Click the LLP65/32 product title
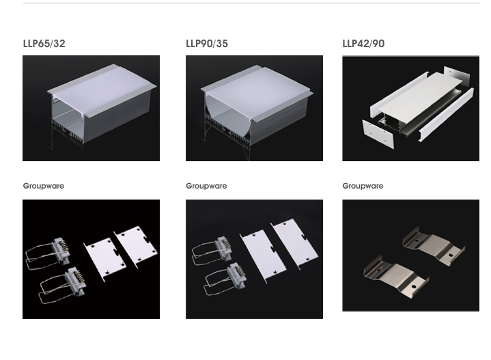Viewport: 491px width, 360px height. [44, 44]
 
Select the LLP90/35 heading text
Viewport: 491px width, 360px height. [207, 44]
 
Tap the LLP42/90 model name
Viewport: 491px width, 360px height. [363, 44]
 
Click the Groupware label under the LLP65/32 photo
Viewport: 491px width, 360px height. [44, 186]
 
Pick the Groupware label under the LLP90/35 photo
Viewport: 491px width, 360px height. [206, 186]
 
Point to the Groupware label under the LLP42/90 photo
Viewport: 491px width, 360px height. [363, 186]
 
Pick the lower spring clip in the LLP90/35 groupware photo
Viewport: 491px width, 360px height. [222, 279]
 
